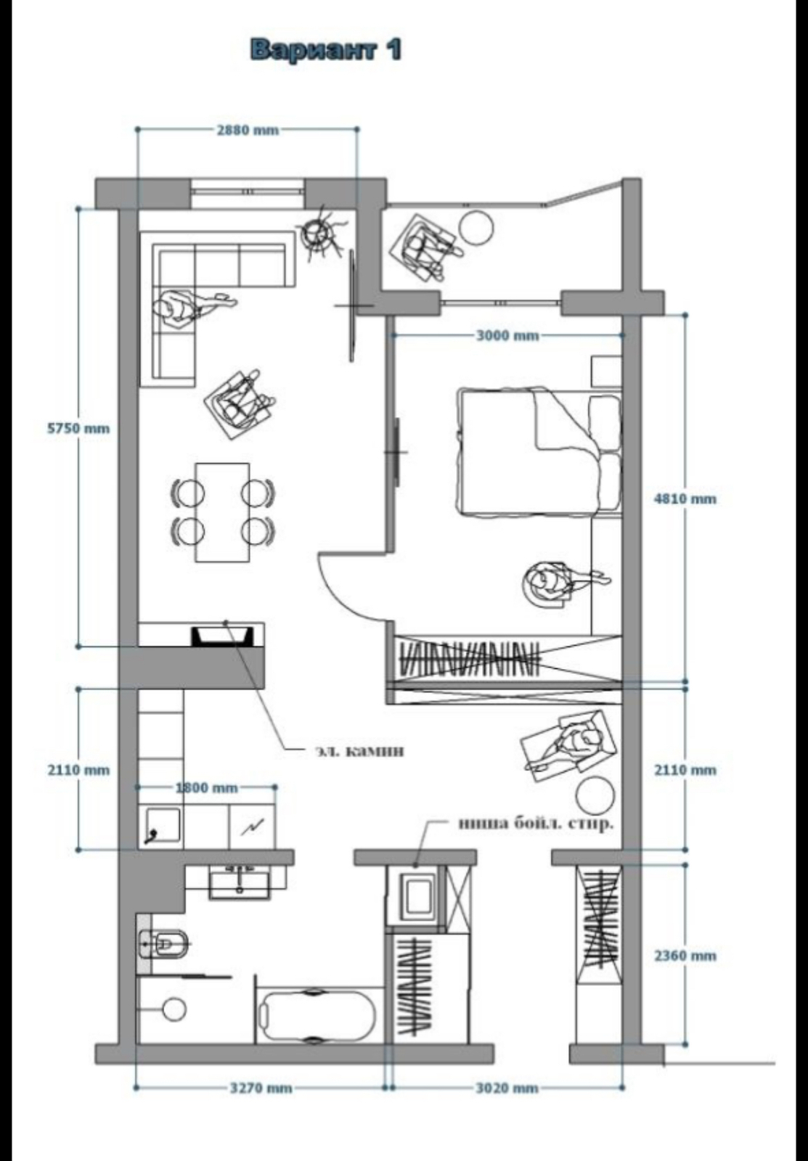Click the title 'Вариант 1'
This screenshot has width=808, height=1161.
click(x=326, y=51)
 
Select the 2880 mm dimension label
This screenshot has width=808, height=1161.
click(x=248, y=130)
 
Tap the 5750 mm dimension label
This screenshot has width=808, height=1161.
click(x=78, y=428)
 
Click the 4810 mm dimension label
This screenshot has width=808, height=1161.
click(x=685, y=499)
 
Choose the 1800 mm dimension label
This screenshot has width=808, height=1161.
click(x=206, y=788)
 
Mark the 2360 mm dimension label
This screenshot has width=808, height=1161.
click(x=685, y=955)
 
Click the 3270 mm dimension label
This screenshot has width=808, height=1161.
click(x=261, y=1088)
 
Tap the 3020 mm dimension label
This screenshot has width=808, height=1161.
click(x=507, y=1088)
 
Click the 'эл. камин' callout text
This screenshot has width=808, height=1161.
click(x=359, y=750)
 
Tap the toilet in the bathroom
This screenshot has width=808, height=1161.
click(x=163, y=944)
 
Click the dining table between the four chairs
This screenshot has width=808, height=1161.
click(x=222, y=512)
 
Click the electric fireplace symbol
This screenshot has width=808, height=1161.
click(x=223, y=636)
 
